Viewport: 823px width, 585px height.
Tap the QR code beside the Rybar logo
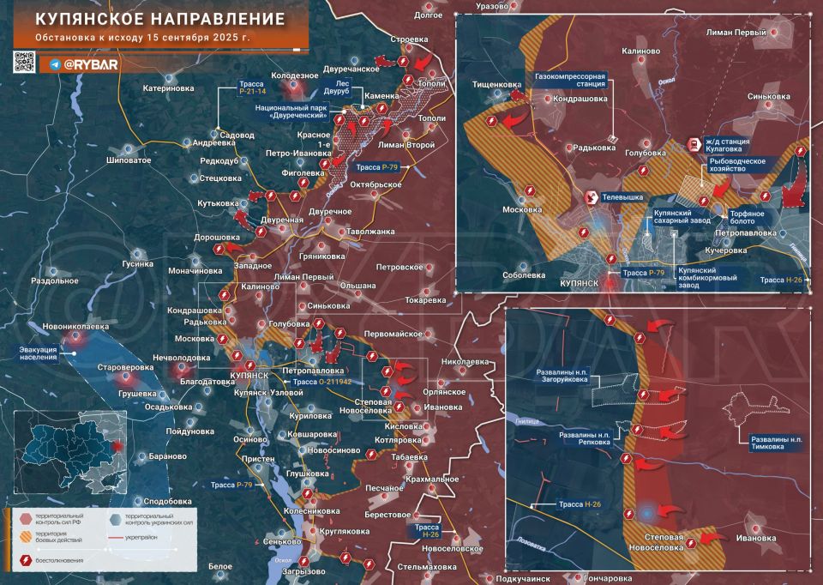tap(25, 63)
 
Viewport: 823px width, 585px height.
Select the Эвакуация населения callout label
tap(39, 353)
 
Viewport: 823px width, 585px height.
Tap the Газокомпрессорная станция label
tap(570, 81)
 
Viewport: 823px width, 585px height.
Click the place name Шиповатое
tap(129, 160)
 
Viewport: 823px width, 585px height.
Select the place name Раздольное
tap(55, 280)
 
